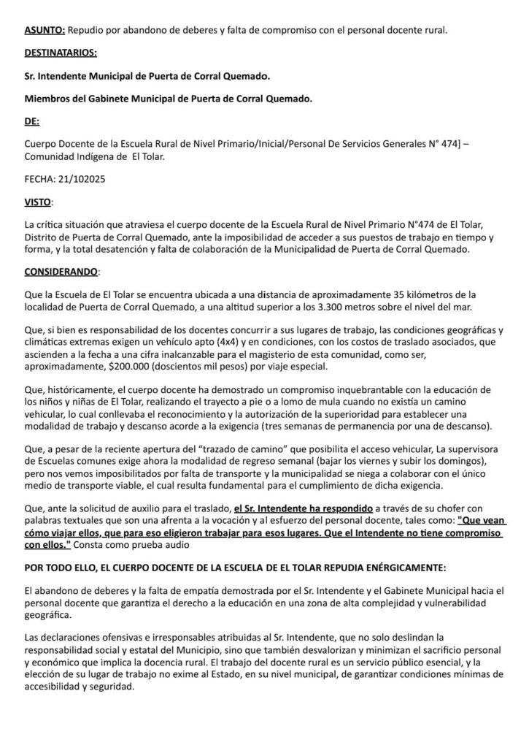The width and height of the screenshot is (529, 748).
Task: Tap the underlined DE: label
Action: point(32,121)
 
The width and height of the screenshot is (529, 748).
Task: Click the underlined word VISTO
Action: point(38,201)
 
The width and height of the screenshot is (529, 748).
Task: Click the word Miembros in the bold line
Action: point(48,99)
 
